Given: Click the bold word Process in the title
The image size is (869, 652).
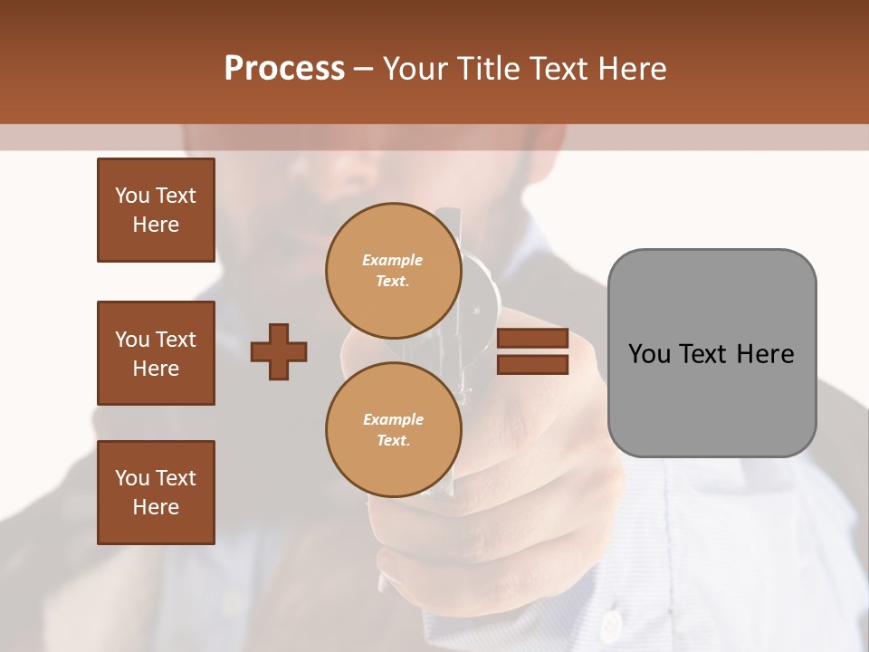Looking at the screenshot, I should tap(284, 69).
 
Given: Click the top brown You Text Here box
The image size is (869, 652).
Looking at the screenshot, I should tap(156, 210).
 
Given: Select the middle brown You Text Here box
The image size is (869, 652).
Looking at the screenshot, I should tap(156, 353).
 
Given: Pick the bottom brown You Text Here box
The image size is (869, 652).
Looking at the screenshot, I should tap(156, 493).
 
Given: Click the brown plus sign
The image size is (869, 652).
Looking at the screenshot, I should tap(279, 351).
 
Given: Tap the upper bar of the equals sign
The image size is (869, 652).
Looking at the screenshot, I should tap(532, 338).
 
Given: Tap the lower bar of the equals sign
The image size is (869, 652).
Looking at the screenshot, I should tap(532, 365).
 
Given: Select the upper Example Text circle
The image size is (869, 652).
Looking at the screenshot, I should tap(393, 271).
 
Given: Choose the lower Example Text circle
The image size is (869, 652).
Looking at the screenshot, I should tap(393, 430).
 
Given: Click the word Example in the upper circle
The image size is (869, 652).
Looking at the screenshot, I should tap(393, 260).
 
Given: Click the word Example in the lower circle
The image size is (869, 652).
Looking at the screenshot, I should tap(393, 419).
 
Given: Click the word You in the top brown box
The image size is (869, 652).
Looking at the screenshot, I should tap(131, 196).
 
